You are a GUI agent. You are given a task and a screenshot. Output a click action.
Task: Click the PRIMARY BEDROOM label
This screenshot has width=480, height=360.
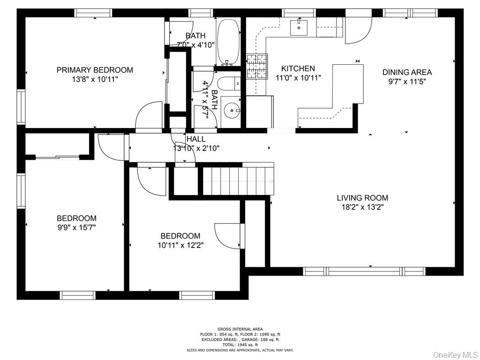tap(95, 70)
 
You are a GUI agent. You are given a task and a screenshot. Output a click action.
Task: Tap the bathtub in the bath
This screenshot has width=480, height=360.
tap(228, 42)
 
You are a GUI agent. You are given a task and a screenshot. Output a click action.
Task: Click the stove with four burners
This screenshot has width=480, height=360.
tap(257, 66)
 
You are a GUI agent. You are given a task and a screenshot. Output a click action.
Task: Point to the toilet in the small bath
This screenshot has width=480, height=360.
tap(229, 84)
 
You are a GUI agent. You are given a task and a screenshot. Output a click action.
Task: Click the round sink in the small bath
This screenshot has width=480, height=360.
tap(230, 111)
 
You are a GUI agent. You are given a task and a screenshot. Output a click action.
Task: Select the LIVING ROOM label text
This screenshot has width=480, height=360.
tap(362, 198)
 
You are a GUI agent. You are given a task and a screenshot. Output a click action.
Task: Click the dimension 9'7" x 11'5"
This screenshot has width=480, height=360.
tap(407, 82)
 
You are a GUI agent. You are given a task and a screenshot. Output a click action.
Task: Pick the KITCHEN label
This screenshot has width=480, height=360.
tap(298, 68)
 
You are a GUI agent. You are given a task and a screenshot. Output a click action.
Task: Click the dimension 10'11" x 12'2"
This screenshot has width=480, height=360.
tap(180, 245)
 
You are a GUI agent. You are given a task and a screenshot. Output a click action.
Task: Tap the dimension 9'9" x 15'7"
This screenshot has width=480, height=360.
tap(76, 227)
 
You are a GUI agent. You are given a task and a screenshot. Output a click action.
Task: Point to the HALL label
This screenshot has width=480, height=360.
tap(196, 139)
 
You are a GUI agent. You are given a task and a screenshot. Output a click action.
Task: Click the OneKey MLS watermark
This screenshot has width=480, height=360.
tap(454, 354)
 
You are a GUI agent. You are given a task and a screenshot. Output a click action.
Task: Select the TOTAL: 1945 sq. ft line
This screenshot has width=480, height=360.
tap(240, 345)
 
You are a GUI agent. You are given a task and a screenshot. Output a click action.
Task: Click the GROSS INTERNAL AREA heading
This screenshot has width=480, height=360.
tap(240, 329)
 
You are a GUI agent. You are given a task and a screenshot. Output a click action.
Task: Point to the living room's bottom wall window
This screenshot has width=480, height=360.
tap(363, 271)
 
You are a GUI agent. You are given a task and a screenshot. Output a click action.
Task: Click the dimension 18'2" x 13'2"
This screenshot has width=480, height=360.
tap(362, 207)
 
